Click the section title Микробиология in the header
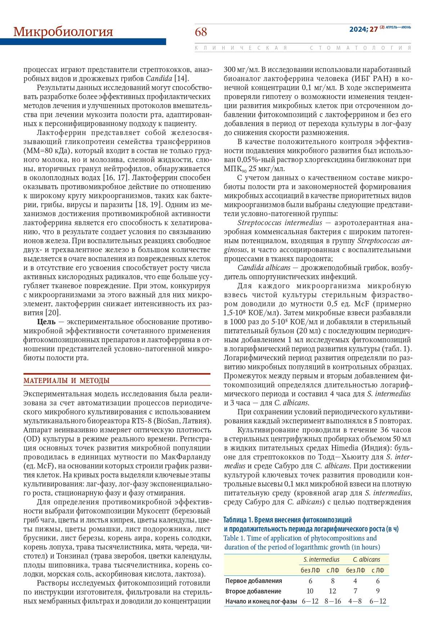pos(63,32)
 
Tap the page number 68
pos(201,32)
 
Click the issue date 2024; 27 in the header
pos(363,30)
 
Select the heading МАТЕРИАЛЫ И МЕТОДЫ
pos(66,381)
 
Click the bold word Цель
pos(46,322)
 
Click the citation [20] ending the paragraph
pos(53,313)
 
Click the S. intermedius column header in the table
pos(321,560)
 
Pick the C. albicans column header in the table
pos(366,560)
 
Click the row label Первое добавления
pos(254,581)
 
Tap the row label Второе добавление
pos(253,591)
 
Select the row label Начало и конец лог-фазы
pos(261,601)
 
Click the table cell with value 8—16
pos(332,601)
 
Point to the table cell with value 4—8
pos(355,601)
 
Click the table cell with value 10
pos(310,591)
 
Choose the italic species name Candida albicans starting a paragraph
pos(264,268)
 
